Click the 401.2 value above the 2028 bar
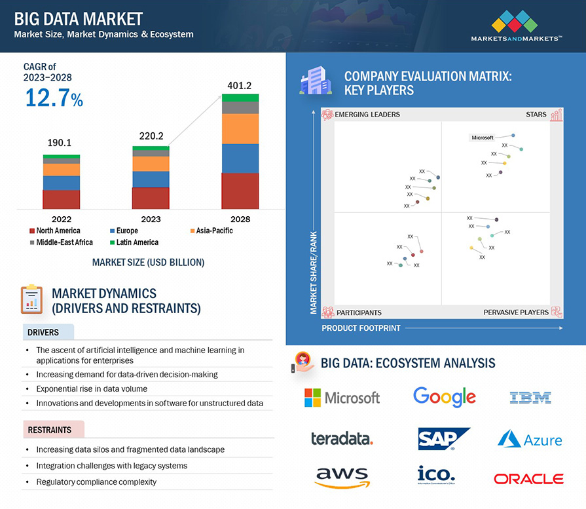pos(240,85)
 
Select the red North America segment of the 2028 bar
pos(240,191)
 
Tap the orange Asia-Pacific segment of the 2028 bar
pos(240,129)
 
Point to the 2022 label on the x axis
pos(62,219)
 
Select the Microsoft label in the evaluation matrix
pos(483,138)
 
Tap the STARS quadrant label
pos(536,115)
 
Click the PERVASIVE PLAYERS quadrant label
pos(516,312)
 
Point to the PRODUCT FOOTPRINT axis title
pos(361,328)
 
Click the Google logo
pos(445,397)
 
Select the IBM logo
pos(530,397)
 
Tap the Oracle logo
pos(528,479)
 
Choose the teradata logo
pos(342,439)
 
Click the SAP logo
pos(444,438)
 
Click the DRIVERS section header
pos(43,332)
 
